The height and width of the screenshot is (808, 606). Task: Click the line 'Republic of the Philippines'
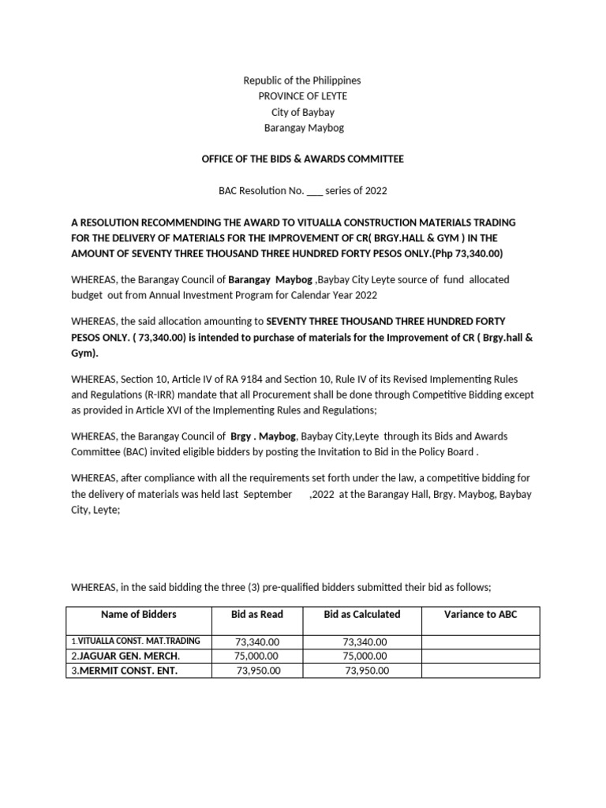click(302, 80)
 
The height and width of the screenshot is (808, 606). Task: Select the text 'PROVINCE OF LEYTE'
click(302, 96)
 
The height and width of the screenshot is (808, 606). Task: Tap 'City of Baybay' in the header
click(302, 112)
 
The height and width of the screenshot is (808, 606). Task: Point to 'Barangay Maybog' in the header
click(302, 128)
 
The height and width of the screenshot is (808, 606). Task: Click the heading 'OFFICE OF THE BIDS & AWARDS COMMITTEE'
click(302, 159)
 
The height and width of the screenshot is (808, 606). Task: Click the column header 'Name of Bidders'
click(139, 614)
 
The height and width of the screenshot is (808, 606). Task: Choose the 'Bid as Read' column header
click(256, 614)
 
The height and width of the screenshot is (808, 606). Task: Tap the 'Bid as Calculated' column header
click(362, 614)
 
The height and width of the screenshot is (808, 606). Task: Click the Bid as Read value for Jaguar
click(256, 656)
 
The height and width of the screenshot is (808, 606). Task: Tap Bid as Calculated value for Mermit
click(367, 671)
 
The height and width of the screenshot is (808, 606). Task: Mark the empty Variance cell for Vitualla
click(481, 642)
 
